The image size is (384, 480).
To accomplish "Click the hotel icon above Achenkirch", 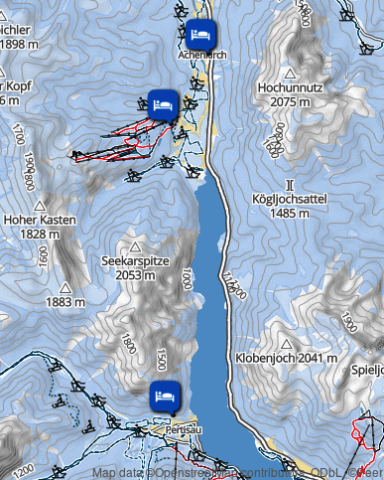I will [201, 33].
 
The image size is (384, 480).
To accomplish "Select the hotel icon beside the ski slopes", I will [163, 101].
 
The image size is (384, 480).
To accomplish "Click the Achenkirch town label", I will [201, 56].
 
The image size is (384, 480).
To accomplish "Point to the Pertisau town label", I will [169, 421].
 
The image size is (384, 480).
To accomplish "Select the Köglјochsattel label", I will [289, 200].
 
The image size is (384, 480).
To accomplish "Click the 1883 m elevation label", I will [65, 300].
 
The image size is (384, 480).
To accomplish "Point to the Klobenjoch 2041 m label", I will [288, 357].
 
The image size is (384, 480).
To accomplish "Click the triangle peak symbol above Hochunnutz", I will [289, 74].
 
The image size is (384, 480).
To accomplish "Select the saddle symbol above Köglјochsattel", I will [290, 185].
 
